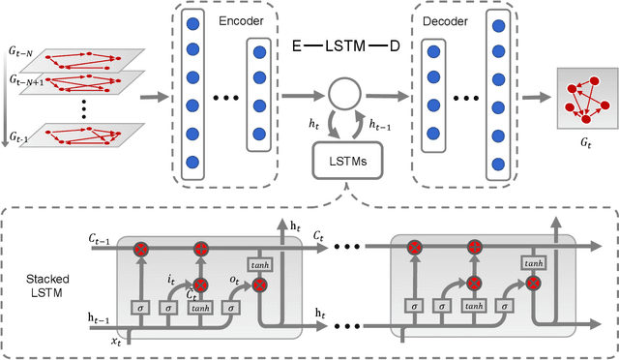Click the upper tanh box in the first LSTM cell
click(260, 263)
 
